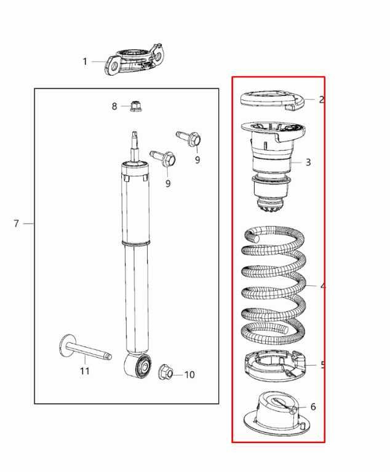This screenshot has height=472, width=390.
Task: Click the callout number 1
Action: point(86,61)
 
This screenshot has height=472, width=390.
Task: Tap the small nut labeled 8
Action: point(136,107)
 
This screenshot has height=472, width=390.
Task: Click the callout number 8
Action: point(114,107)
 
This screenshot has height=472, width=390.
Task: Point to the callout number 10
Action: point(189,374)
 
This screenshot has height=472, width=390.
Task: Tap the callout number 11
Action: point(85,371)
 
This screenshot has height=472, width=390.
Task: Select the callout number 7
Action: point(17,224)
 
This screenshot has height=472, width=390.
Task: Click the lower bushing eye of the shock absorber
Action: point(139,368)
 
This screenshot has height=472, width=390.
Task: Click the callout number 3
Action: point(308,163)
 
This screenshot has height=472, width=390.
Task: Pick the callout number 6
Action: point(313,407)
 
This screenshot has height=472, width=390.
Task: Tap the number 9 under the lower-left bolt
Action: point(168,183)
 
